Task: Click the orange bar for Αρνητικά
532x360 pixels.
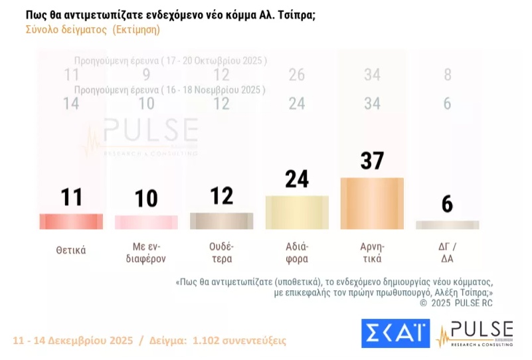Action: point(372,203)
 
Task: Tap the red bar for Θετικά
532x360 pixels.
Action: point(71,221)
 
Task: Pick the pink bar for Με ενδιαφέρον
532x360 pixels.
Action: point(146,222)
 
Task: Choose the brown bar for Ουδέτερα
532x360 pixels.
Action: point(221,221)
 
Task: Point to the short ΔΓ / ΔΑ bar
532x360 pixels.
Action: point(447,225)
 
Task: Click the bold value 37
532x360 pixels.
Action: point(372,161)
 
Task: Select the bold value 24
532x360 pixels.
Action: point(297,179)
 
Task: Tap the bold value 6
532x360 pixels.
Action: point(447,204)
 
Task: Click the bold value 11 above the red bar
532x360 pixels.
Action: point(71,197)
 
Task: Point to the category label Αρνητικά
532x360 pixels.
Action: point(372,251)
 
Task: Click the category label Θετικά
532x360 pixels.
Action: point(71,251)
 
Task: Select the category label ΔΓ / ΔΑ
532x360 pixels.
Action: point(447,251)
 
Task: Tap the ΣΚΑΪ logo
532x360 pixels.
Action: point(395,333)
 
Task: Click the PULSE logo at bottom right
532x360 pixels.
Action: point(476,333)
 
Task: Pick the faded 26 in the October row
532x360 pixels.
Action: point(297,74)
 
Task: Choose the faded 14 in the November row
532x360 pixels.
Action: point(71,103)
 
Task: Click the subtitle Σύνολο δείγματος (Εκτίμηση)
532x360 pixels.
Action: point(93,30)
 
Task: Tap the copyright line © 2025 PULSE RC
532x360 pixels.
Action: point(456,303)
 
